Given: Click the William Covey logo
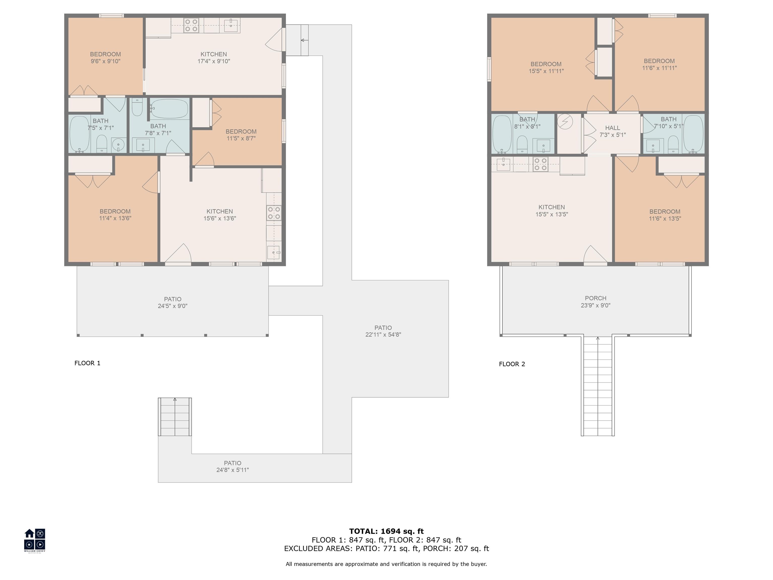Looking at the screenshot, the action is [34, 540].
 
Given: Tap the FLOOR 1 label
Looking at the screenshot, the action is [87, 363].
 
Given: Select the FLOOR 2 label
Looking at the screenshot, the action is [512, 364].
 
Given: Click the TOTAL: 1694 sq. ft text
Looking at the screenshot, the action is [386, 531].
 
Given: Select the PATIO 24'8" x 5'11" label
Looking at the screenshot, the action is [233, 466].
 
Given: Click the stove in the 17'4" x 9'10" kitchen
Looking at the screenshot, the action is [191, 25].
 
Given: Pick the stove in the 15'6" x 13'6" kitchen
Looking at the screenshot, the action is [274, 213].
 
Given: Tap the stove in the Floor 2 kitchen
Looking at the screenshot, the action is [540, 164].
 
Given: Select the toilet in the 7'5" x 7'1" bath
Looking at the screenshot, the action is [101, 144].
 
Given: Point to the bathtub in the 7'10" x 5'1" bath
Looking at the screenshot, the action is [693, 134].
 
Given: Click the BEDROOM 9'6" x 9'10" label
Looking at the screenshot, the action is [105, 58].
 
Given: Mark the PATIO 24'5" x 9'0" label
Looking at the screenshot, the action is [173, 302].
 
